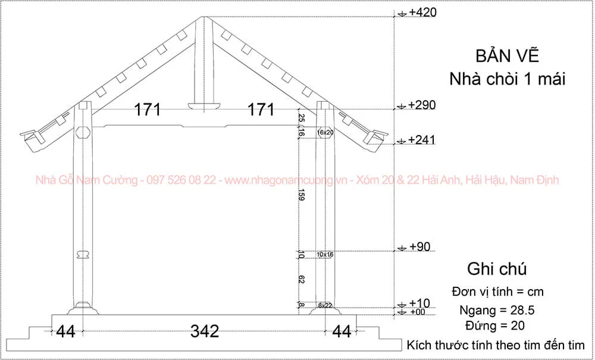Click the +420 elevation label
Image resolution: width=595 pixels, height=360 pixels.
[423, 12]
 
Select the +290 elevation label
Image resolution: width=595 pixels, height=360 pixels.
[422, 105]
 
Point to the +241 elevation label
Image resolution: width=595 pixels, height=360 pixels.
[422, 140]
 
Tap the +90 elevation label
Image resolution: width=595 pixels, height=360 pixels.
[420, 247]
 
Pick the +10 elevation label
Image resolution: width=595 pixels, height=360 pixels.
[419, 303]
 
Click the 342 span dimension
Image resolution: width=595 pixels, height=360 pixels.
[205, 331]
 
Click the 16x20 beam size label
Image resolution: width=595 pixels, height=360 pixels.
[325, 132]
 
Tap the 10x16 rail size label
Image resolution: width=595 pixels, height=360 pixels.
[325, 255]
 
